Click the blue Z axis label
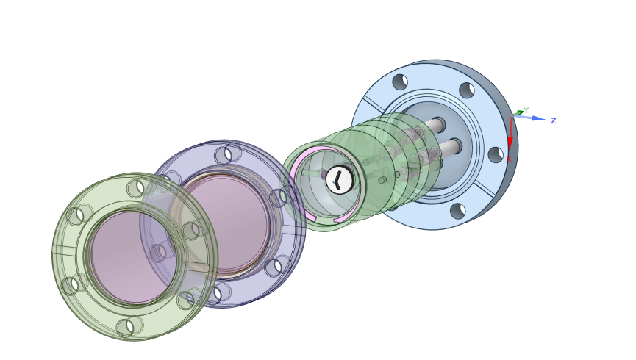[553, 120]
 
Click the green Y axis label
[526, 110]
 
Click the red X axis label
[509, 159]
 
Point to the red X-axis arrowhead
[510, 143]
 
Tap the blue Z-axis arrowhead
[539, 118]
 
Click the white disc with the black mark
[340, 179]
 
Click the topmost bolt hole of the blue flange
[400, 82]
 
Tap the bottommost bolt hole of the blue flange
[458, 211]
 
